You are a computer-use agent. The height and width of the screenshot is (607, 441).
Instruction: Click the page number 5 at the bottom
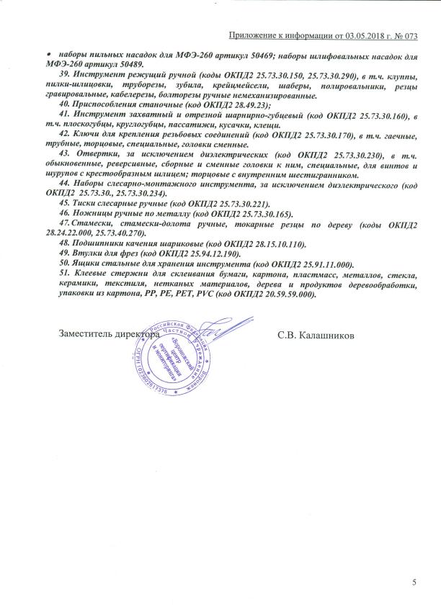coord(414,582)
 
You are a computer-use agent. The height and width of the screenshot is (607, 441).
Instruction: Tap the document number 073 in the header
coord(411,35)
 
